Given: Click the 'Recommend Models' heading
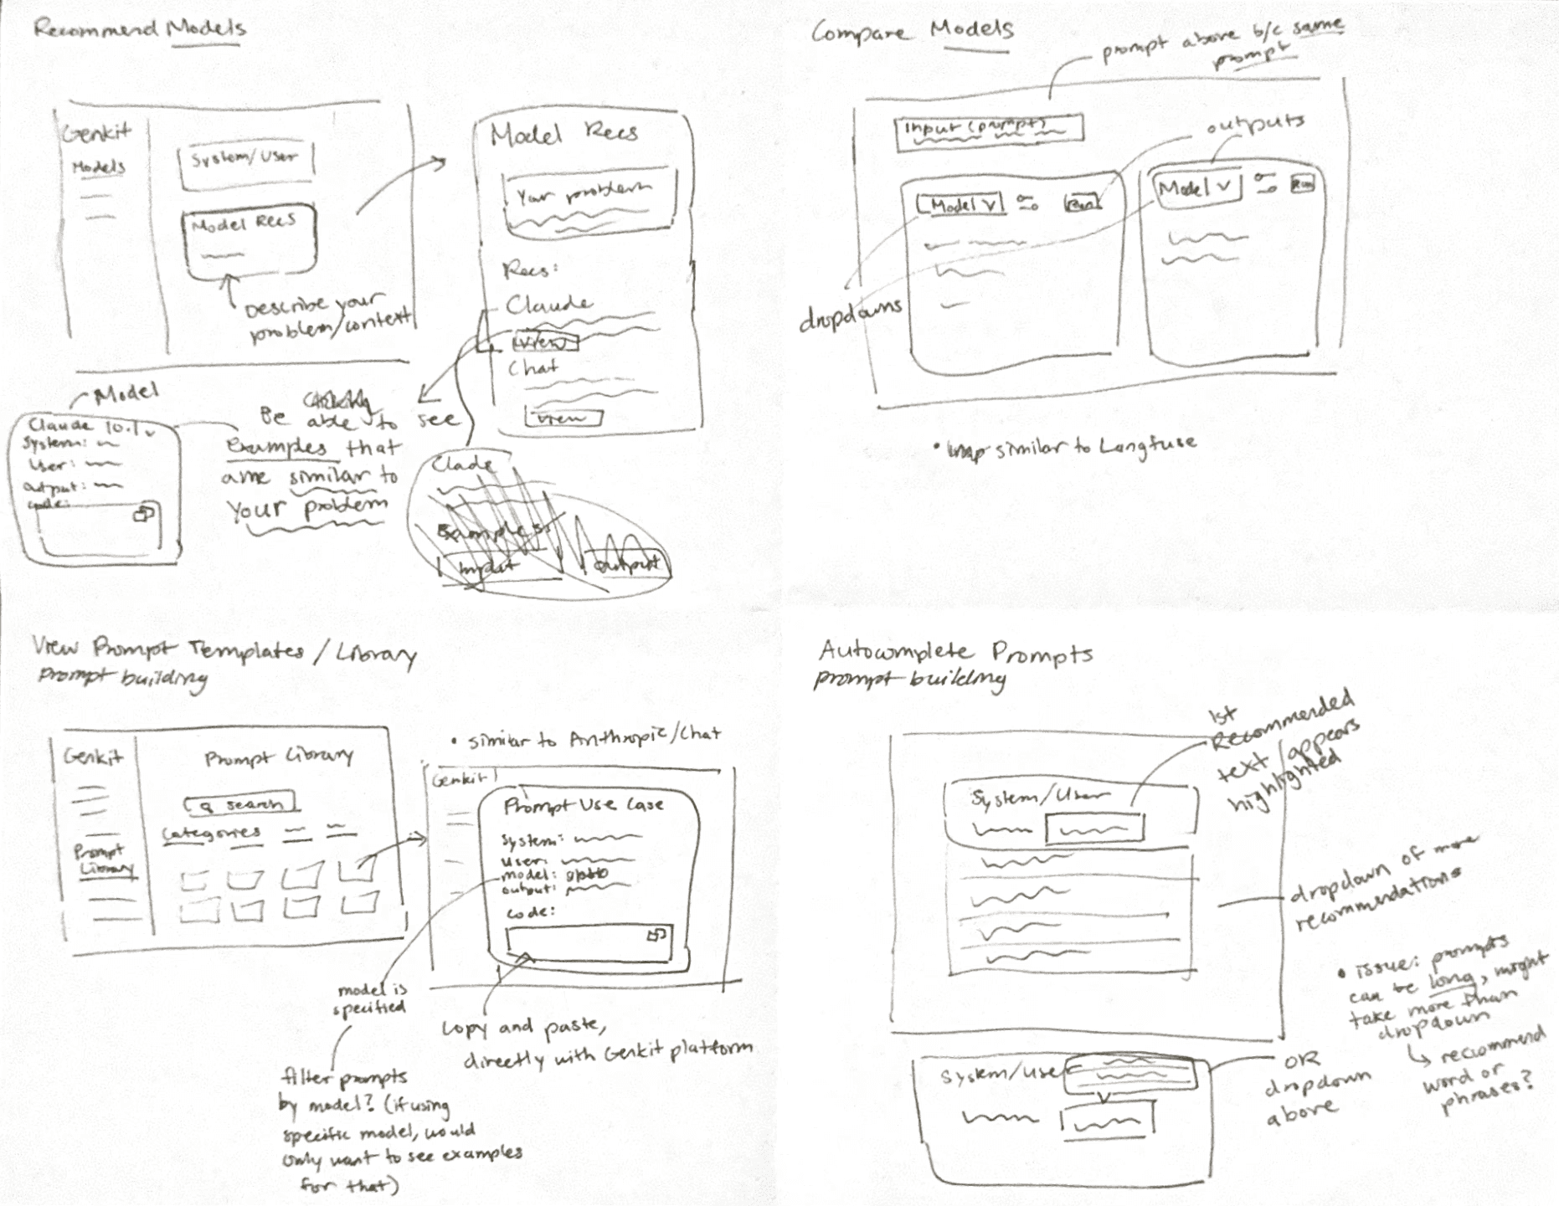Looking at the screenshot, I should tap(139, 29).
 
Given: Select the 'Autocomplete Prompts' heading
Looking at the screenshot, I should tap(954, 652).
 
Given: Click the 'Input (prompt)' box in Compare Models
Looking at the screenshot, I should tap(988, 131).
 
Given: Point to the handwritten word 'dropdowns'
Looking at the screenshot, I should tap(851, 316).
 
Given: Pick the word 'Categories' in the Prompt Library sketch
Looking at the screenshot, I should tap(211, 834).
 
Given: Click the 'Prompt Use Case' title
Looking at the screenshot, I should tap(584, 806).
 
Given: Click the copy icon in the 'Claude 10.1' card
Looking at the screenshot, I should tap(145, 512).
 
